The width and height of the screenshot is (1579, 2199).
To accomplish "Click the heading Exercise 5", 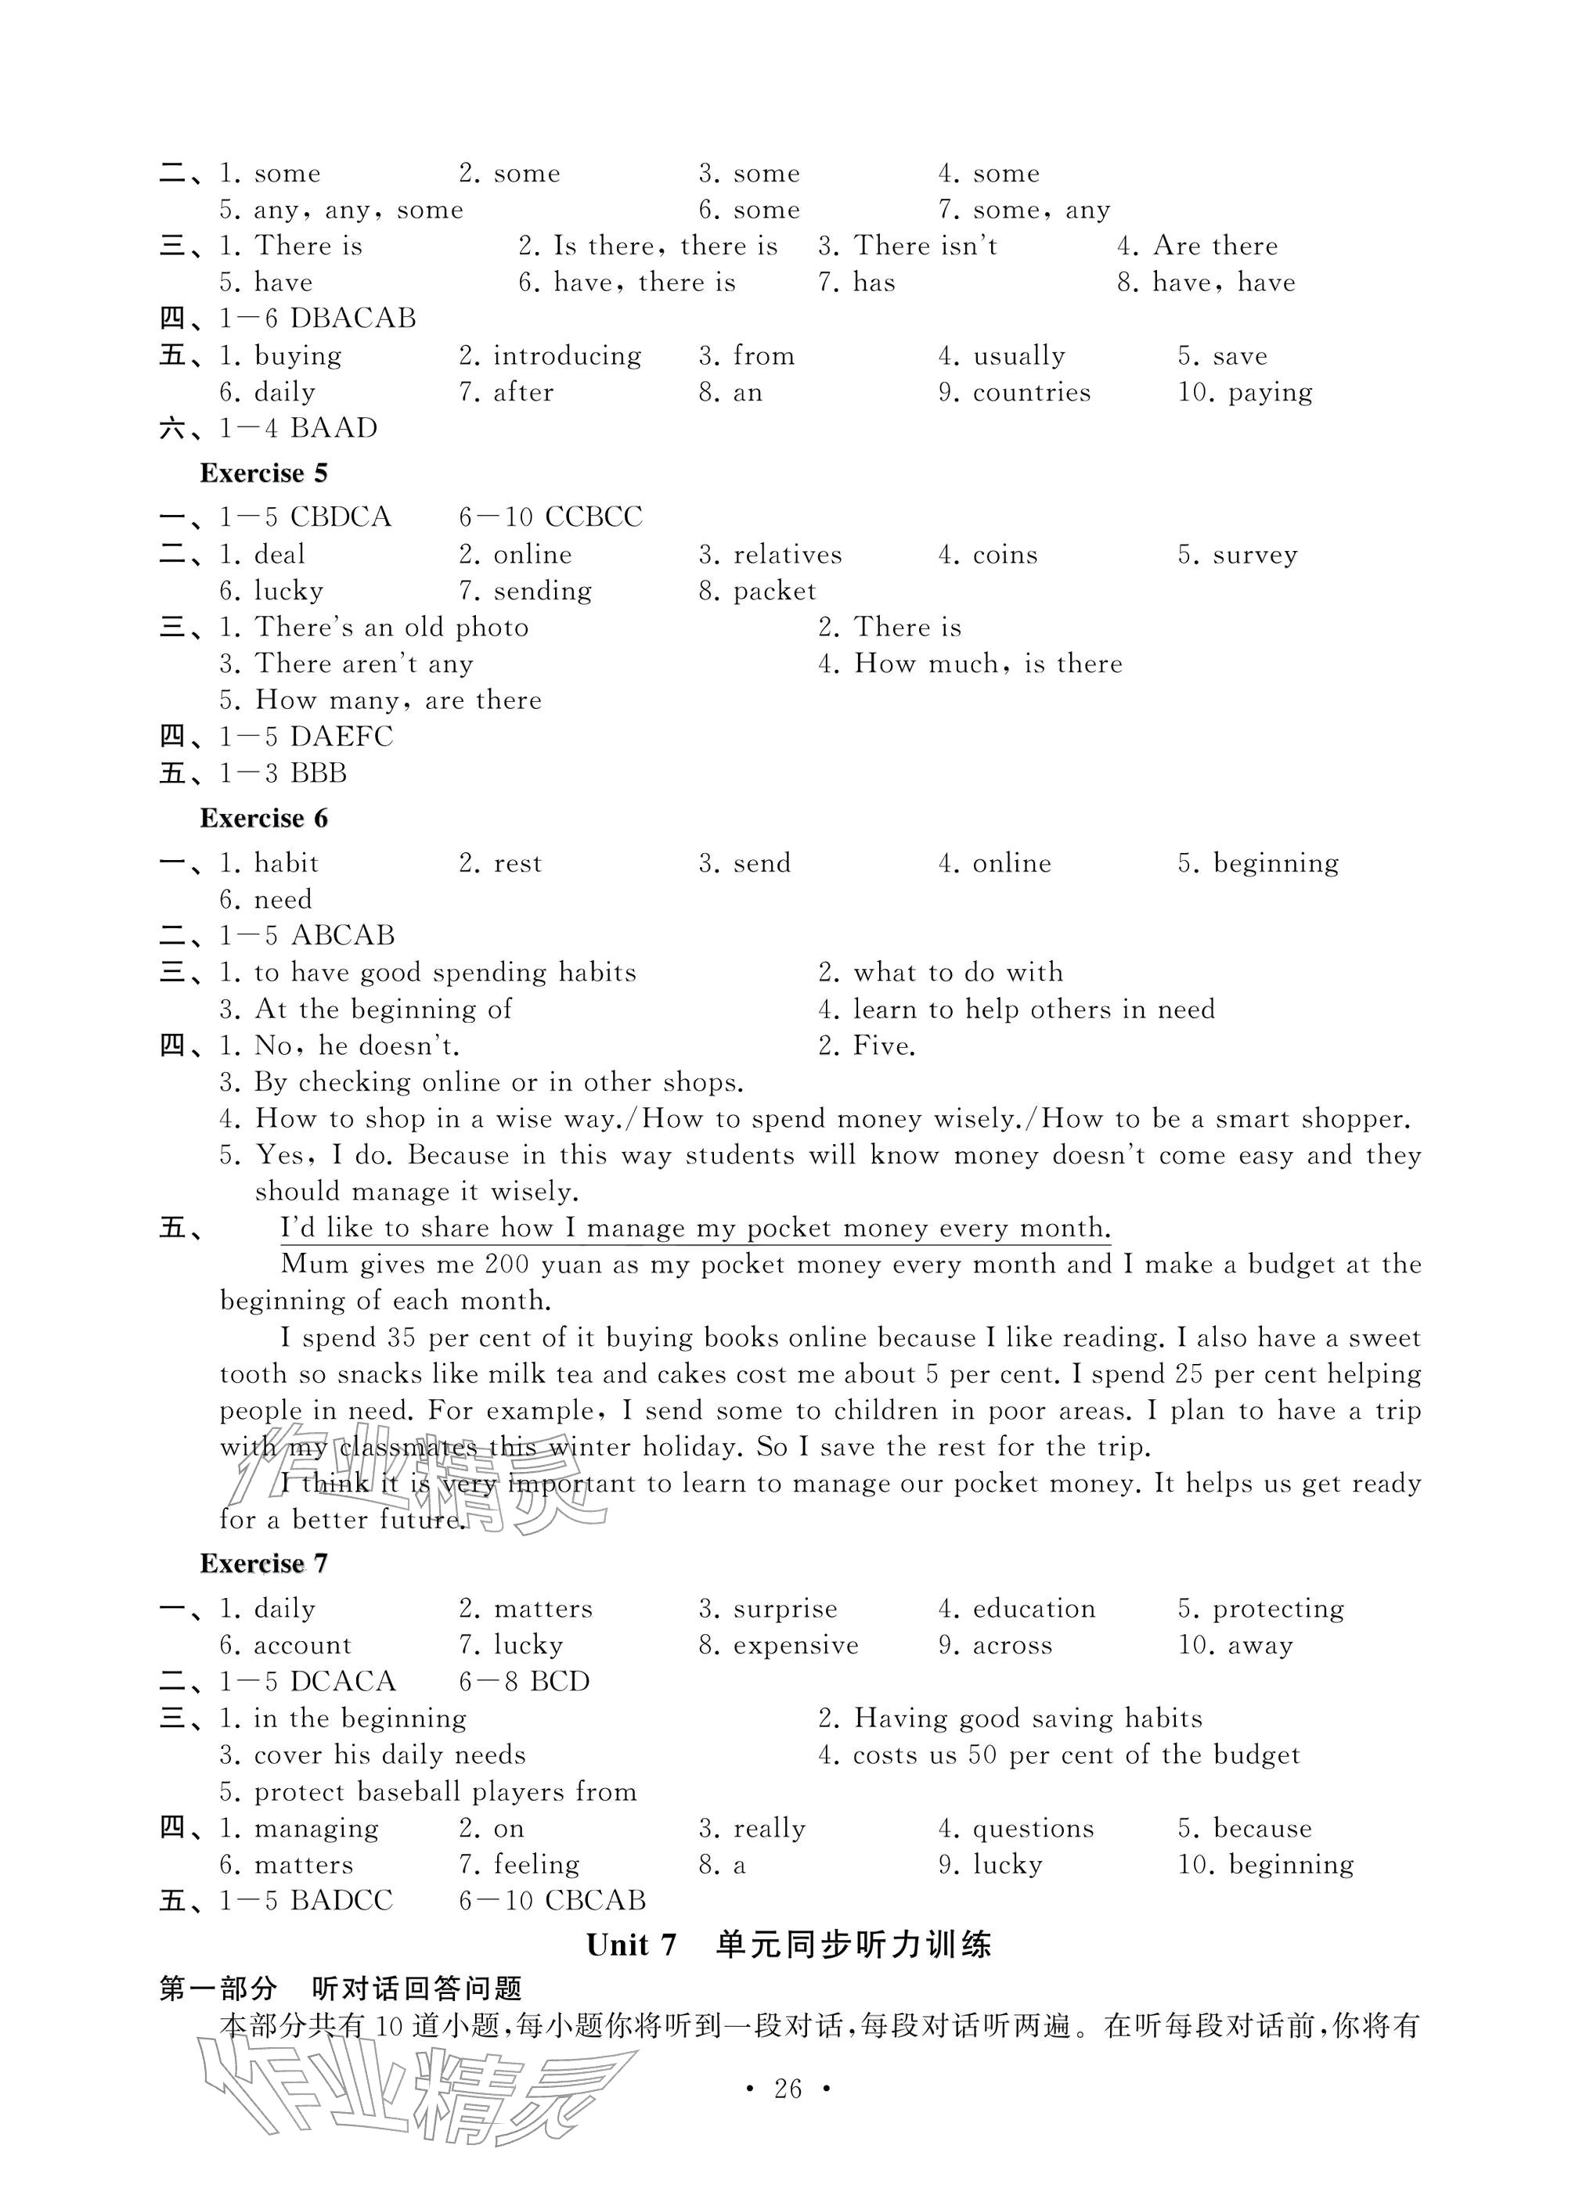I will (x=263, y=473).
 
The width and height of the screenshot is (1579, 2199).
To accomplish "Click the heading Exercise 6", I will (x=263, y=819).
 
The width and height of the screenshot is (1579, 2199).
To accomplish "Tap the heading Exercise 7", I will (x=263, y=1563).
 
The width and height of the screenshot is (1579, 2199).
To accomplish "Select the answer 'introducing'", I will (x=567, y=356).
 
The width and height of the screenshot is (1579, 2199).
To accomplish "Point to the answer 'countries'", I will (x=1031, y=393).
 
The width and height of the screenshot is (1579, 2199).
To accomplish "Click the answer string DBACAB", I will (x=353, y=318).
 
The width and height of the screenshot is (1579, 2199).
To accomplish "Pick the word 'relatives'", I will (x=787, y=555).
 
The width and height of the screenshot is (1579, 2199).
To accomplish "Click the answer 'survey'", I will (x=1254, y=555).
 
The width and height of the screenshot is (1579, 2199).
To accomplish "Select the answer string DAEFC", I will (x=341, y=737).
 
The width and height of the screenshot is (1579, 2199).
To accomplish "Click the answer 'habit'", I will (x=286, y=863).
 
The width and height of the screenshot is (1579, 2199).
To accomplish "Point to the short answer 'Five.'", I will (x=884, y=1046).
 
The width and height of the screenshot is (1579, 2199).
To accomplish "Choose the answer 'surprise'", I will (x=784, y=1608).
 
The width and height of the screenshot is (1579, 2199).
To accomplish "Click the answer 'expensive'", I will (x=795, y=1646).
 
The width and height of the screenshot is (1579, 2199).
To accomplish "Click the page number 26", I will (x=788, y=2089).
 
